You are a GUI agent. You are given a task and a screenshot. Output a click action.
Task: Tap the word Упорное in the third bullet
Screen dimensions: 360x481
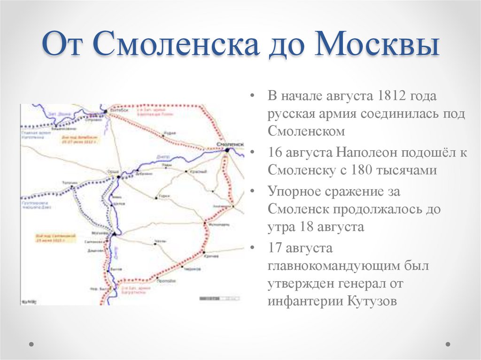(294, 192)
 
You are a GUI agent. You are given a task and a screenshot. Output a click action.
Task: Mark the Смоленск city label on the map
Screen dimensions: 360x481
(231, 143)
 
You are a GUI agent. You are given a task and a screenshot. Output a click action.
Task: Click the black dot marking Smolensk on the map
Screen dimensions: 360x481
(227, 150)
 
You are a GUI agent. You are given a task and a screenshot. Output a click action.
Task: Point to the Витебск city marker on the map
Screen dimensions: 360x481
(105, 111)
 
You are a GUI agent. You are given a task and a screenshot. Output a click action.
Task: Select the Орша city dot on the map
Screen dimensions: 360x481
(119, 176)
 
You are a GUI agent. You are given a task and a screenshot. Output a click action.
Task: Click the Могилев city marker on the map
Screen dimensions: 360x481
(113, 233)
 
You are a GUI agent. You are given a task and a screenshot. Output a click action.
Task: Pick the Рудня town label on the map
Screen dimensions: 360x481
(169, 133)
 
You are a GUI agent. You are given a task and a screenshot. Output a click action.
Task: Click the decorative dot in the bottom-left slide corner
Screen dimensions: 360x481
(32, 344)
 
